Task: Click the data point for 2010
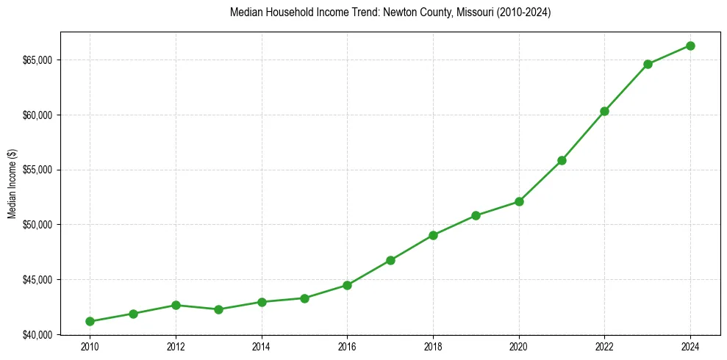coord(90,321)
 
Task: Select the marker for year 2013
coord(218,309)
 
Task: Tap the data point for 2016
coord(347,285)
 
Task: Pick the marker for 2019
coord(476,215)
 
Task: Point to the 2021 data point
coord(562,160)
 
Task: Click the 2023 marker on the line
coord(648,64)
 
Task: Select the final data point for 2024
coord(690,46)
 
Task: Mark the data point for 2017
coord(390,260)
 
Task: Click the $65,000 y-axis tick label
coord(41,60)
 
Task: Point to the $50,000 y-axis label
coord(41,224)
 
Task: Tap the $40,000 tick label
coord(41,334)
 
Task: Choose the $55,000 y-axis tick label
coord(41,170)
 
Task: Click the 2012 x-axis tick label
coord(176,347)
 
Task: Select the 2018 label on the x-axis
coord(433,347)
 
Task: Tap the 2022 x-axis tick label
coord(604,347)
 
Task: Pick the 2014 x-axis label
coord(261,347)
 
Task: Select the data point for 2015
coord(304,298)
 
